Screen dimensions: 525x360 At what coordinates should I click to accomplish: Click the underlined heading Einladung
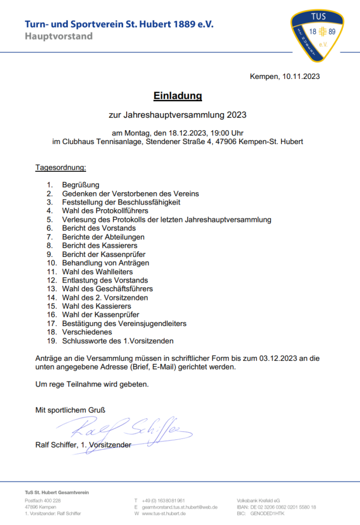point(178,96)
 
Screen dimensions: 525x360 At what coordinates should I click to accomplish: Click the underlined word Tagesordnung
point(61,168)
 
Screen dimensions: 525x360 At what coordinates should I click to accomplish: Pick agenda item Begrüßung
point(81,185)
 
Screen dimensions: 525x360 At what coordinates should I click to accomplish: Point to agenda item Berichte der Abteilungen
point(103,237)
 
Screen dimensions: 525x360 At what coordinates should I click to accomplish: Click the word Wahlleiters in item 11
point(114,272)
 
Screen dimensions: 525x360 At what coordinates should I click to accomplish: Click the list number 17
point(51,324)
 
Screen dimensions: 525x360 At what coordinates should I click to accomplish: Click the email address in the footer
point(179,507)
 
